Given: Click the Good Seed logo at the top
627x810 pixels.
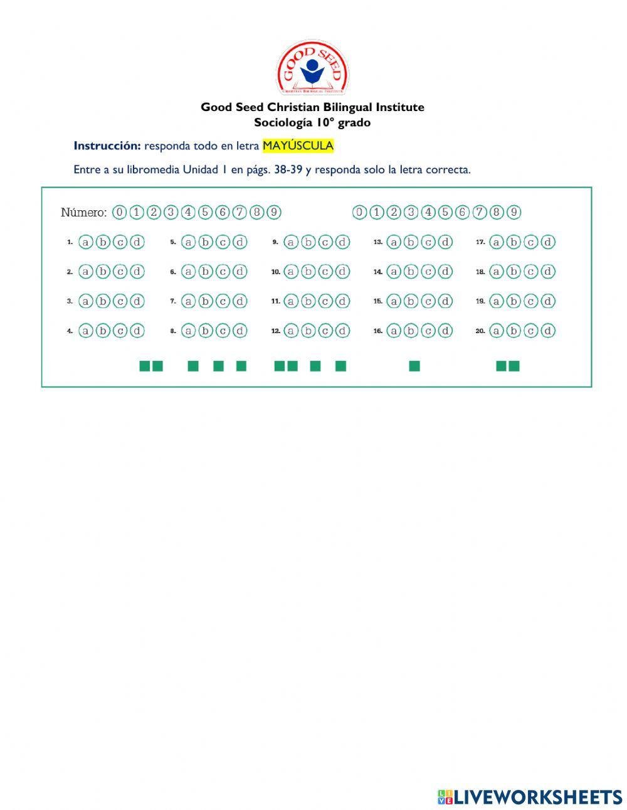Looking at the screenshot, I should pyautogui.click(x=312, y=68).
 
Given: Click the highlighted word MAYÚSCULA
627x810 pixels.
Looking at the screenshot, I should pyautogui.click(x=298, y=146).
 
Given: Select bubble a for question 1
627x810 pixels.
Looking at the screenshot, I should pyautogui.click(x=86, y=242).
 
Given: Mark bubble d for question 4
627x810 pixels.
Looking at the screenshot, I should pyautogui.click(x=137, y=331).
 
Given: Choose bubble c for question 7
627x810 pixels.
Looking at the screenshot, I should pyautogui.click(x=223, y=301).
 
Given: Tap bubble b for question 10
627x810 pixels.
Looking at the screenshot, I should pyautogui.click(x=308, y=272).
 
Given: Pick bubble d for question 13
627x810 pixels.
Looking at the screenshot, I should pyautogui.click(x=445, y=242).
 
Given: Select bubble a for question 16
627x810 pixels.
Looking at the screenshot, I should pyautogui.click(x=394, y=331).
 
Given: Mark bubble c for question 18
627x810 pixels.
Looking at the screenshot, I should pyautogui.click(x=531, y=272).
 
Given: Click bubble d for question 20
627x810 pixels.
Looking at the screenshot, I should pyautogui.click(x=548, y=331).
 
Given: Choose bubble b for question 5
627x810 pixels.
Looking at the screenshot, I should pyautogui.click(x=206, y=242).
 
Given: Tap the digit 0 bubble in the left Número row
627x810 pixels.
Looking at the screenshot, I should pyautogui.click(x=119, y=212).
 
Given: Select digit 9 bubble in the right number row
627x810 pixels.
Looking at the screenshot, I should pyautogui.click(x=514, y=212).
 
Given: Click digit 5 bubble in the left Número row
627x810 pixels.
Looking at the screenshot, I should pyautogui.click(x=205, y=212).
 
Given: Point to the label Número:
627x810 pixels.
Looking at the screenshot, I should pyautogui.click(x=83, y=213).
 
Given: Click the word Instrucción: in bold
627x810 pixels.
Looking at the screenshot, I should pyautogui.click(x=107, y=146).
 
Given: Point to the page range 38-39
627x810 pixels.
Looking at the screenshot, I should pyautogui.click(x=288, y=169).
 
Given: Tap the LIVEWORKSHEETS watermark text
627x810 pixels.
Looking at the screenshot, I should pyautogui.click(x=537, y=797).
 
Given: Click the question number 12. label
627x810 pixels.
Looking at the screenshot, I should pyautogui.click(x=275, y=331).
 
